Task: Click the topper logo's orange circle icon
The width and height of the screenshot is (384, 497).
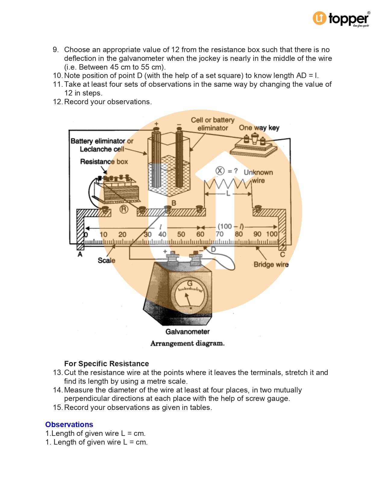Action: point(320,18)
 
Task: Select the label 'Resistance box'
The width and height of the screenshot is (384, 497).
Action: point(104,162)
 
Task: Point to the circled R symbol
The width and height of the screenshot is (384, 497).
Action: point(124,209)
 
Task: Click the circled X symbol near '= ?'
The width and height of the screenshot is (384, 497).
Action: point(220,171)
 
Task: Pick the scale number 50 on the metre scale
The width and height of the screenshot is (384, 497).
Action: point(181,234)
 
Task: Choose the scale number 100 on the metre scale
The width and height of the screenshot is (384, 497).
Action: point(272,234)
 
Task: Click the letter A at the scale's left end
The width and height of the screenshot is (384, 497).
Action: point(80,255)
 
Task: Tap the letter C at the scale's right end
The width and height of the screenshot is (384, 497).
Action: point(283,255)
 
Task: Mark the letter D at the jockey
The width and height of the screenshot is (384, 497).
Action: point(214,249)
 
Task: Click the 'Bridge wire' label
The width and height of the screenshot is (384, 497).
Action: point(271,264)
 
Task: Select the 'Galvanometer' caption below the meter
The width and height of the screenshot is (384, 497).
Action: point(187,332)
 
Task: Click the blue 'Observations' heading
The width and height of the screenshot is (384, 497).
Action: point(69,424)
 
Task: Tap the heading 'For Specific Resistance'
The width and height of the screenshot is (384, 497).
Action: point(106,364)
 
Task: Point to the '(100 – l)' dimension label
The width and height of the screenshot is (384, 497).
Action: point(231,227)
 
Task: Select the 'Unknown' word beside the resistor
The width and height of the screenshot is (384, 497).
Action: point(258,172)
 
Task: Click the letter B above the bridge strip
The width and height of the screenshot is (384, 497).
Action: point(174,203)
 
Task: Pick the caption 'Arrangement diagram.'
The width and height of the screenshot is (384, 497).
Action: point(187,343)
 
